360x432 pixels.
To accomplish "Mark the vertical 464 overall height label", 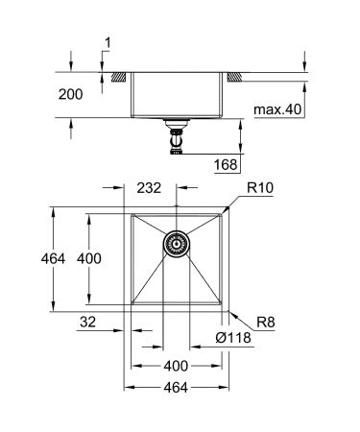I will [x=34, y=259].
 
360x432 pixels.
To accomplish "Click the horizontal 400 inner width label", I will [x=177, y=365].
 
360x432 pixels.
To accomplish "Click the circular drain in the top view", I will [x=177, y=246].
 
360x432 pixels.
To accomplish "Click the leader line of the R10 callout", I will [x=237, y=199].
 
